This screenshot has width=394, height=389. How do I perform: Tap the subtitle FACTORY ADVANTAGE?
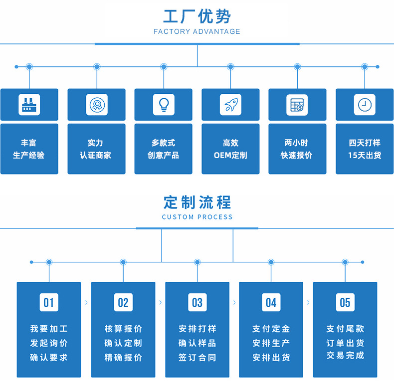pyautogui.click(x=197, y=31)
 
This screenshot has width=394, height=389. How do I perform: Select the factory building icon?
pyautogui.click(x=29, y=105)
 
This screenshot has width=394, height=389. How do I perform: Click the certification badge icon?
pyautogui.click(x=96, y=105)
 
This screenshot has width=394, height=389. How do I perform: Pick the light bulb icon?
pyautogui.click(x=163, y=105)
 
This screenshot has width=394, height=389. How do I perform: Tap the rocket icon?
pyautogui.click(x=230, y=105)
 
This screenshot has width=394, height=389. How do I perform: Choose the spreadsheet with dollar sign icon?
pyautogui.click(x=297, y=105)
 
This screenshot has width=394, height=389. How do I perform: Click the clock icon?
pyautogui.click(x=365, y=105)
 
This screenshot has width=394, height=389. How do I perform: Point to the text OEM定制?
pyautogui.click(x=230, y=155)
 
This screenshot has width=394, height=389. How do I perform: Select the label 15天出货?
pyautogui.click(x=365, y=155)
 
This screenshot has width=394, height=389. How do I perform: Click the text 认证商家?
pyautogui.click(x=96, y=155)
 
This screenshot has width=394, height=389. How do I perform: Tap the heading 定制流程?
pyautogui.click(x=197, y=202)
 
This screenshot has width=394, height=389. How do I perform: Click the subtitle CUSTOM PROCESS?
pyautogui.click(x=197, y=217)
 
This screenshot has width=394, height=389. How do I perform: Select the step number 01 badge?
pyautogui.click(x=48, y=302)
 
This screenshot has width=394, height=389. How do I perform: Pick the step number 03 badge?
pyautogui.click(x=197, y=302)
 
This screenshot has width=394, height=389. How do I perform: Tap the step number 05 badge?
pyautogui.click(x=345, y=302)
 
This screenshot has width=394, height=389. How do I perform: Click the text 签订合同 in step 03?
pyautogui.click(x=197, y=358)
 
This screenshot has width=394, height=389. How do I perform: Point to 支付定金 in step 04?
pyautogui.click(x=271, y=329)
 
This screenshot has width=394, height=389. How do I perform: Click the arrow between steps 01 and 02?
pyautogui.click(x=86, y=302)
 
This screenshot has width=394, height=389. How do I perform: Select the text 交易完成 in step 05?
pyautogui.click(x=345, y=356)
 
